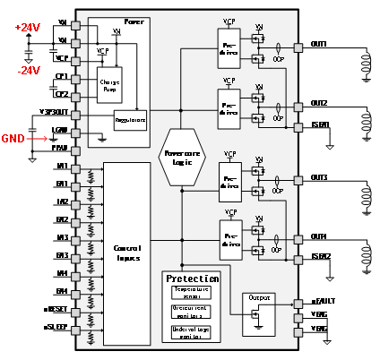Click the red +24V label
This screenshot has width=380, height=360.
[28, 28]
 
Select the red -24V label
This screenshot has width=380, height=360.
[28, 71]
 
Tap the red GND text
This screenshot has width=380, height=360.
[13, 139]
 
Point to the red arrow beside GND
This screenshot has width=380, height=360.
[37, 139]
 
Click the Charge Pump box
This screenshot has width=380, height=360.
[109, 85]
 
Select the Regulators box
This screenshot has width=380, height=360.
[130, 119]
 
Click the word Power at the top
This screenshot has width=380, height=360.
[133, 21]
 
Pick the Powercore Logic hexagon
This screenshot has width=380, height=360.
[182, 158]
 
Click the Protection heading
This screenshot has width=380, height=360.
[192, 279]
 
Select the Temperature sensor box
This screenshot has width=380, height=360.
[191, 292]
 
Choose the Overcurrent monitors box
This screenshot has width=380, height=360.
[191, 312]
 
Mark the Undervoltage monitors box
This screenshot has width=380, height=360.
[191, 332]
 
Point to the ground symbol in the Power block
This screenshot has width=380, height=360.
[102, 139]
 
